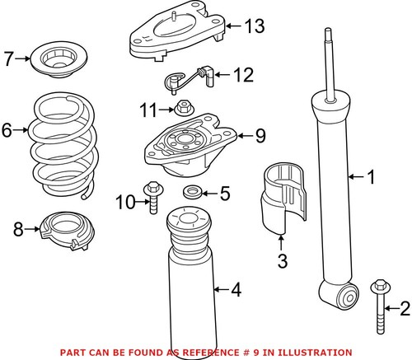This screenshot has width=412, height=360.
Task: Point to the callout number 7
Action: tap(8, 58)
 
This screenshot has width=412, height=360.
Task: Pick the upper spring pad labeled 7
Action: tap(59, 59)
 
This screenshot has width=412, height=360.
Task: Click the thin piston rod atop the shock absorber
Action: tap(331, 62)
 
